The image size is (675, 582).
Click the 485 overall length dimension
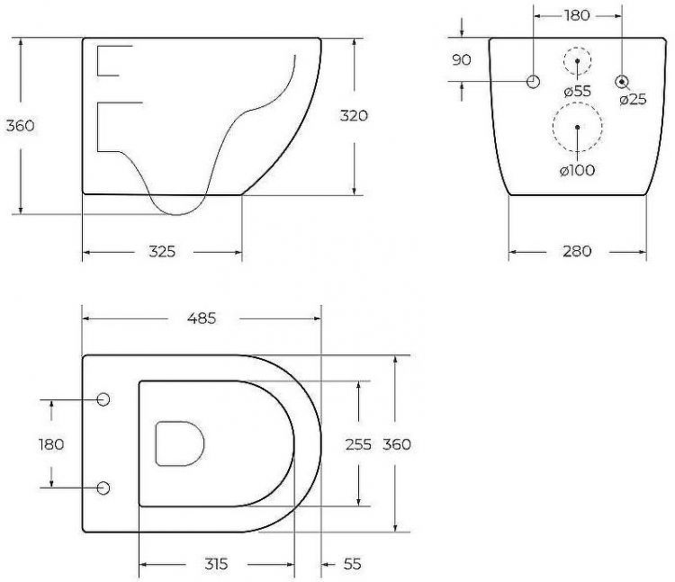(201, 318)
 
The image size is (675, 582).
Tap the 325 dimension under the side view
(162, 252)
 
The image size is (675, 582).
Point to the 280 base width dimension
(577, 251)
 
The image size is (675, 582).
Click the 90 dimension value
(462, 59)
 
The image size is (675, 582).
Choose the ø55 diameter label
(577, 91)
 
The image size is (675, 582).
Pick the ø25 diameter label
(633, 99)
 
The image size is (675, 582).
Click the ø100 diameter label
(577, 171)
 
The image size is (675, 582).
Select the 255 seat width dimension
(359, 444)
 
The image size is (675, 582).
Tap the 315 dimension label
(215, 564)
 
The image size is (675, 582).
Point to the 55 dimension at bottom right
(352, 564)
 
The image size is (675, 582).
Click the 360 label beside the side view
(20, 125)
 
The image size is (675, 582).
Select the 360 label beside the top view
(396, 444)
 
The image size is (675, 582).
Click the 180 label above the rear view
(576, 15)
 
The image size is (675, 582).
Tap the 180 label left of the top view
(51, 444)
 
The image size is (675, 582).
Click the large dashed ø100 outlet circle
(576, 126)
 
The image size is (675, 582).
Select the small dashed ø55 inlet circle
(577, 62)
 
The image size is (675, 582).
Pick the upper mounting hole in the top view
(103, 399)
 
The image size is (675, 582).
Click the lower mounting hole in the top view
(103, 488)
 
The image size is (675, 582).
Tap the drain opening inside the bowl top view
(180, 443)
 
